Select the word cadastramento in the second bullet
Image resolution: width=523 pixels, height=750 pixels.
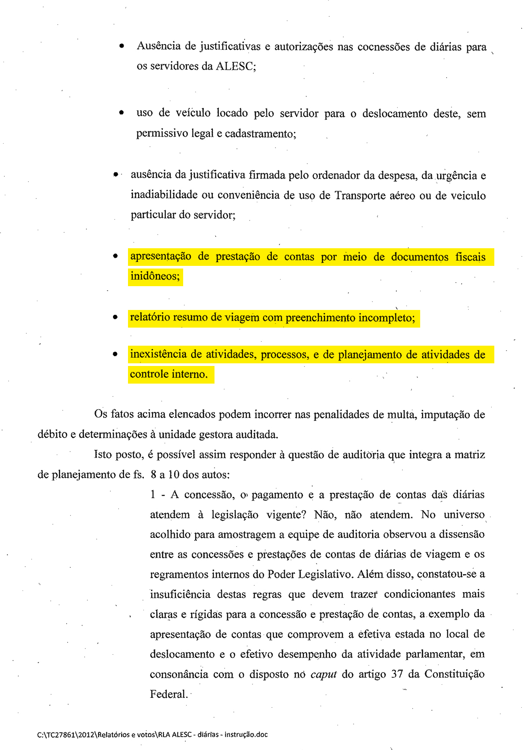[x=259, y=134]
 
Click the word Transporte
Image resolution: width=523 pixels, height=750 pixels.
[x=360, y=195]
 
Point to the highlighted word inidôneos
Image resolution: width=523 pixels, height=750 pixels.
[x=154, y=276]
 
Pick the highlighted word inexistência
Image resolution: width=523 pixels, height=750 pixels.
[x=158, y=354]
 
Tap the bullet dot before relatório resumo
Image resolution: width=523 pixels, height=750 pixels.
[x=115, y=317]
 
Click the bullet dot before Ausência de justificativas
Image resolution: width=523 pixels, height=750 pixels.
[x=121, y=46]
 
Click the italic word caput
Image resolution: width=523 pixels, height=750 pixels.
[x=324, y=674]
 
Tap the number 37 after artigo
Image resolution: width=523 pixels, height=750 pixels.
[x=397, y=674]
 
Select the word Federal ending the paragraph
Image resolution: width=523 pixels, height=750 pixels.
[x=168, y=694]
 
